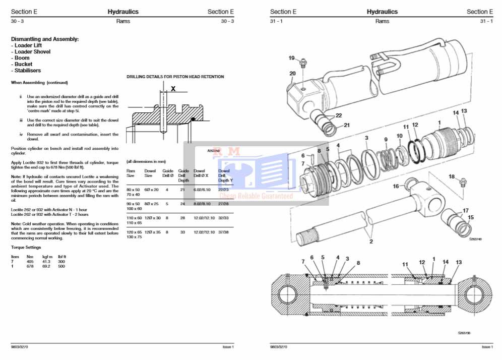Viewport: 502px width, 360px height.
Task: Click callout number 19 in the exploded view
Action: pyautogui.click(x=291, y=58)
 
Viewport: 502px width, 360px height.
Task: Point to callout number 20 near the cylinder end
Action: pyautogui.click(x=292, y=74)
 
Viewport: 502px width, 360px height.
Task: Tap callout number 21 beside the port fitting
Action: pyautogui.click(x=347, y=126)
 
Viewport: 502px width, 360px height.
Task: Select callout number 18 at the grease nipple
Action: pyautogui.click(x=452, y=176)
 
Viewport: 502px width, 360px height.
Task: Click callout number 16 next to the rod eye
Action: pyautogui.click(x=396, y=187)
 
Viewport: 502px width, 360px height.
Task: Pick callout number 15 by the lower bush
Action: pyautogui.click(x=471, y=218)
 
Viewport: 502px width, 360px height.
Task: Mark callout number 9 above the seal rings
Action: pyautogui.click(x=386, y=140)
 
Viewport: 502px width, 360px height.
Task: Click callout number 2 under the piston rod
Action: pyautogui.click(x=371, y=242)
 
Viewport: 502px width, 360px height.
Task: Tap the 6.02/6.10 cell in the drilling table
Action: pyautogui.click(x=201, y=189)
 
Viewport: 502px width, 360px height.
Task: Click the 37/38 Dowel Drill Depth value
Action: pyautogui.click(x=224, y=232)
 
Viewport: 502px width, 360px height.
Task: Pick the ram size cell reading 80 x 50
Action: pyautogui.click(x=133, y=189)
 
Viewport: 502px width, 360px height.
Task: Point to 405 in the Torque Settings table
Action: pyautogui.click(x=30, y=262)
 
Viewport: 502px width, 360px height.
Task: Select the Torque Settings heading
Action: pyautogui.click(x=26, y=248)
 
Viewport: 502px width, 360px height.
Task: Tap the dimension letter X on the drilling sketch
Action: pyautogui.click(x=173, y=88)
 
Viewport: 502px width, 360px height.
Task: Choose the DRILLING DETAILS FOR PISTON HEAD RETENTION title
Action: pyautogui.click(x=175, y=77)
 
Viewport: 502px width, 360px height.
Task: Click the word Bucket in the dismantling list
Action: pyautogui.click(x=23, y=64)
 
